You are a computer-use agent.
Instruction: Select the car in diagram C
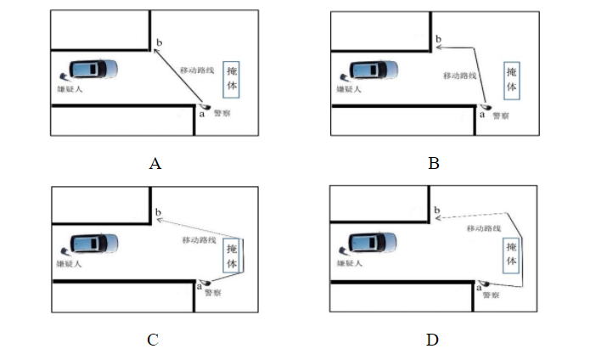point(93,244)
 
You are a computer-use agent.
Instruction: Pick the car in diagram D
point(370,244)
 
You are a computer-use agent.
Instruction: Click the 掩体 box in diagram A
point(233,80)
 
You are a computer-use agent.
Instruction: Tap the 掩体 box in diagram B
point(510,80)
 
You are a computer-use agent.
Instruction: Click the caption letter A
point(155,164)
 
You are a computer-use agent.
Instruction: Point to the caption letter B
point(434,164)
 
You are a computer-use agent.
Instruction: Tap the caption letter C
point(153,340)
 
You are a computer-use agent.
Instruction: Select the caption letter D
point(432,340)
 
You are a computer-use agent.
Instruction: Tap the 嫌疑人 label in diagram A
point(66,87)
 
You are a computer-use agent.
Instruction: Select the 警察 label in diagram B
point(502,115)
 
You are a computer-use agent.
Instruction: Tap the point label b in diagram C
point(159,212)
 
